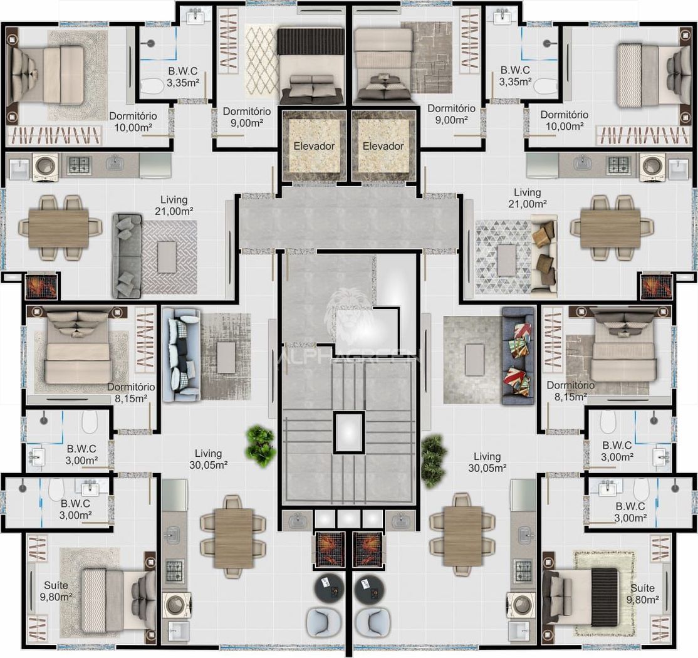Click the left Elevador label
314,146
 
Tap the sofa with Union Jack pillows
518,356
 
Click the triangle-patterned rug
503,257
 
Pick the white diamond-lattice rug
262,60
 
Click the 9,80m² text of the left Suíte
56,597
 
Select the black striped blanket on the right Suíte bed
605,597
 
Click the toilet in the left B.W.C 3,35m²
152,86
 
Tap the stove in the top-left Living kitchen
79,165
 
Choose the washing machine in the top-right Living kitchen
653,167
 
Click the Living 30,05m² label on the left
208,459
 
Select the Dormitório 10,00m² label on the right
565,121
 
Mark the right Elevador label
383,146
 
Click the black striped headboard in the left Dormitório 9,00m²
311,41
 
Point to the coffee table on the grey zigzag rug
167,257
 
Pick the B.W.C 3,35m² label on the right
515,76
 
